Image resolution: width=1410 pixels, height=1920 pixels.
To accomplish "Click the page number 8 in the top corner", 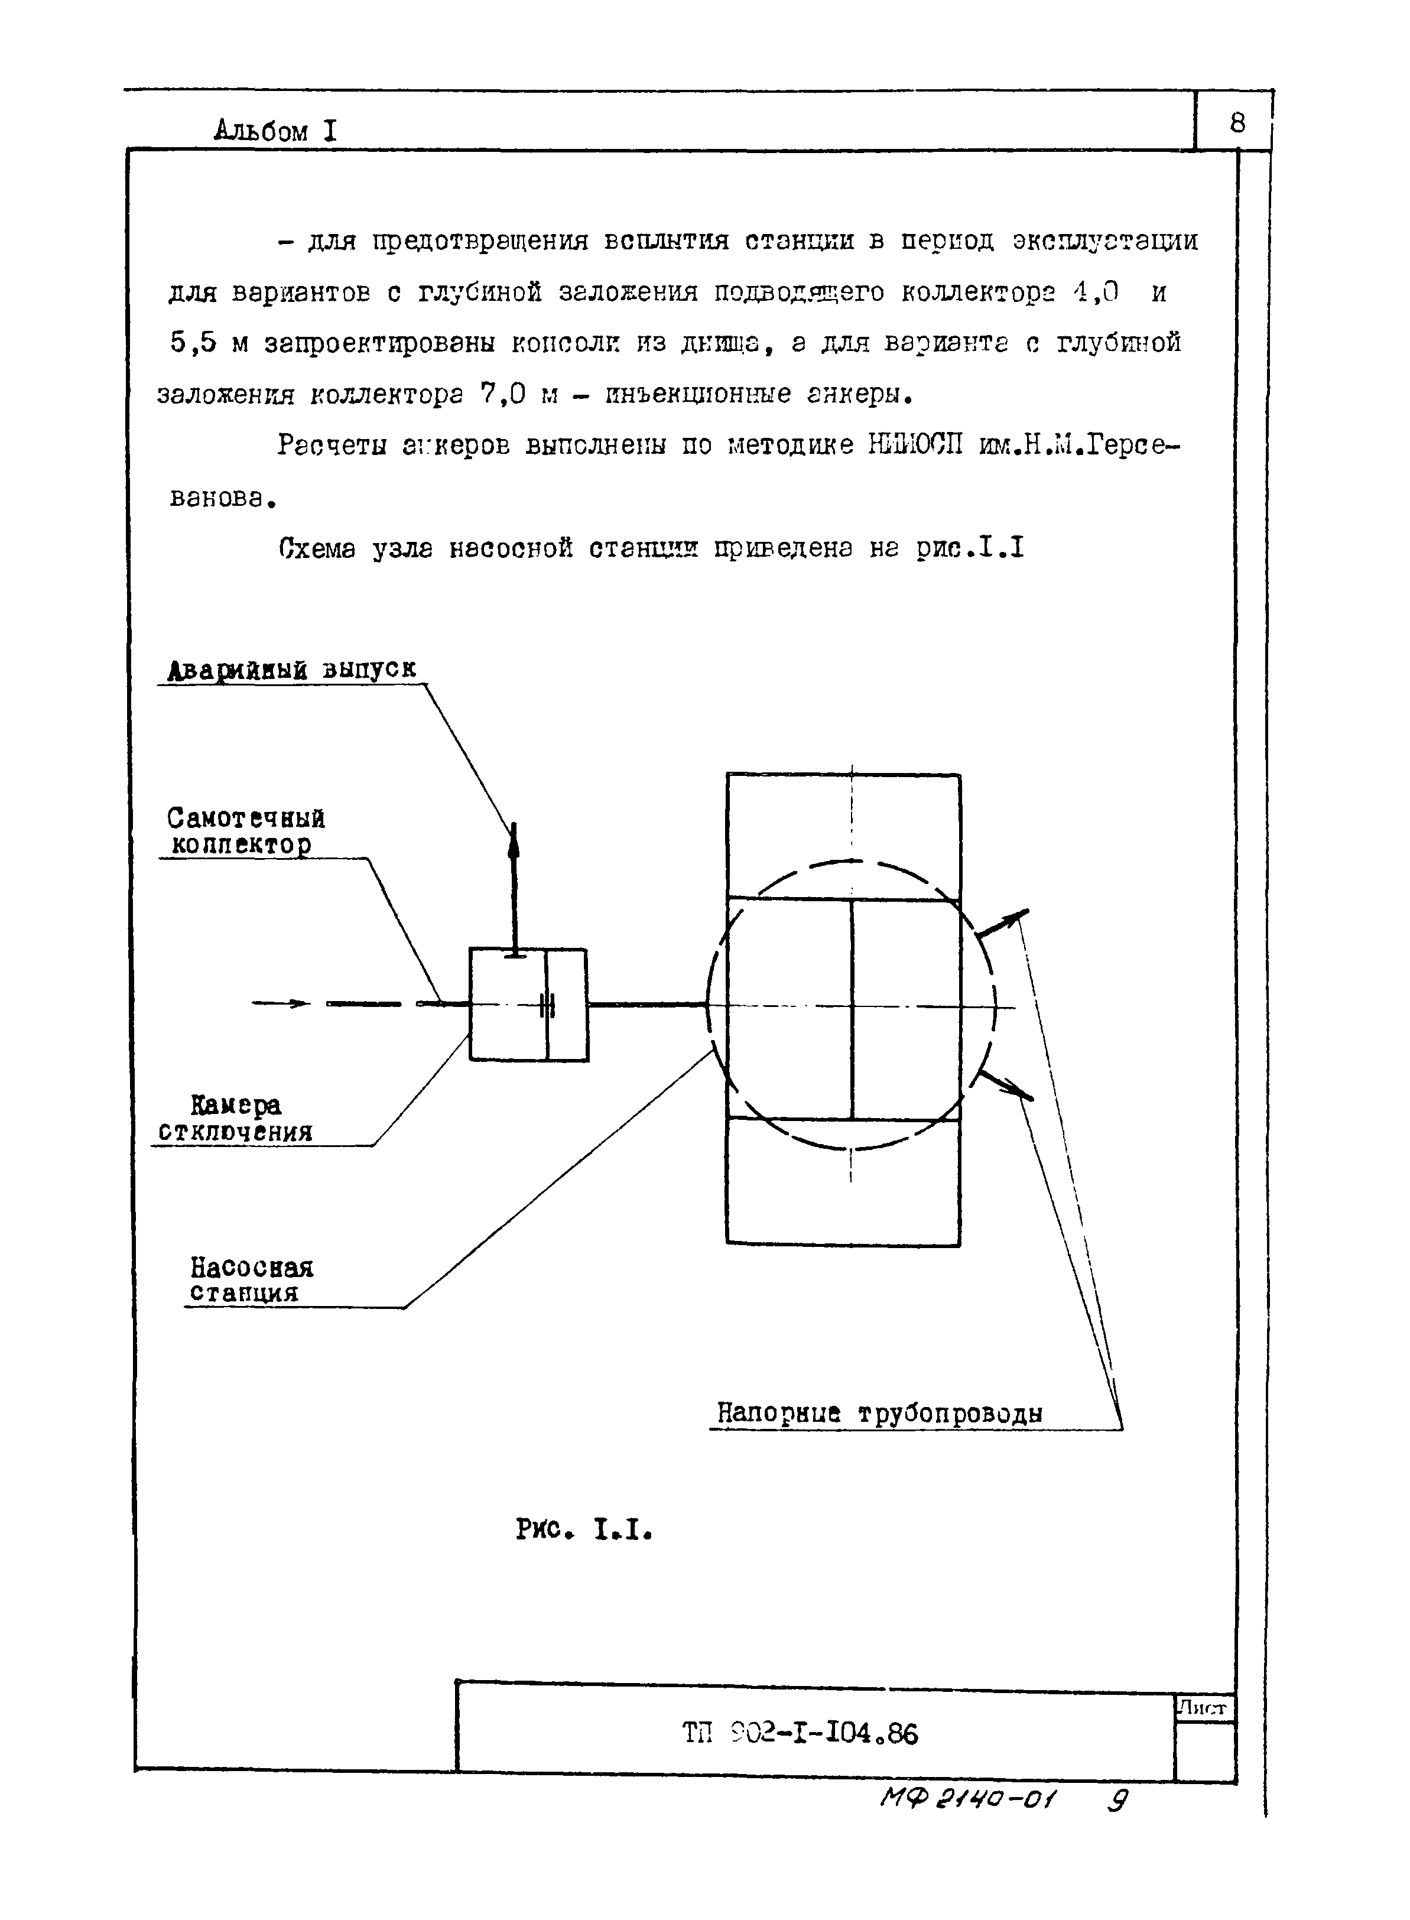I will [1237, 124].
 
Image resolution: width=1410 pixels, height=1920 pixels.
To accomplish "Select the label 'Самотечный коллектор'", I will [245, 831].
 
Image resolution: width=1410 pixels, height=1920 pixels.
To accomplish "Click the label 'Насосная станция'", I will [251, 1280].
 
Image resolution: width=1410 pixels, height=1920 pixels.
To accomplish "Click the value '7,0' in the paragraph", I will [502, 394].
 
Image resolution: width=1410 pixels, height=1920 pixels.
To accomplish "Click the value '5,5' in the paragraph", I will [194, 343].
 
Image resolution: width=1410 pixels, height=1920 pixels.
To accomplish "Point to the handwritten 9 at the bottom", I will [1117, 1801].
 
